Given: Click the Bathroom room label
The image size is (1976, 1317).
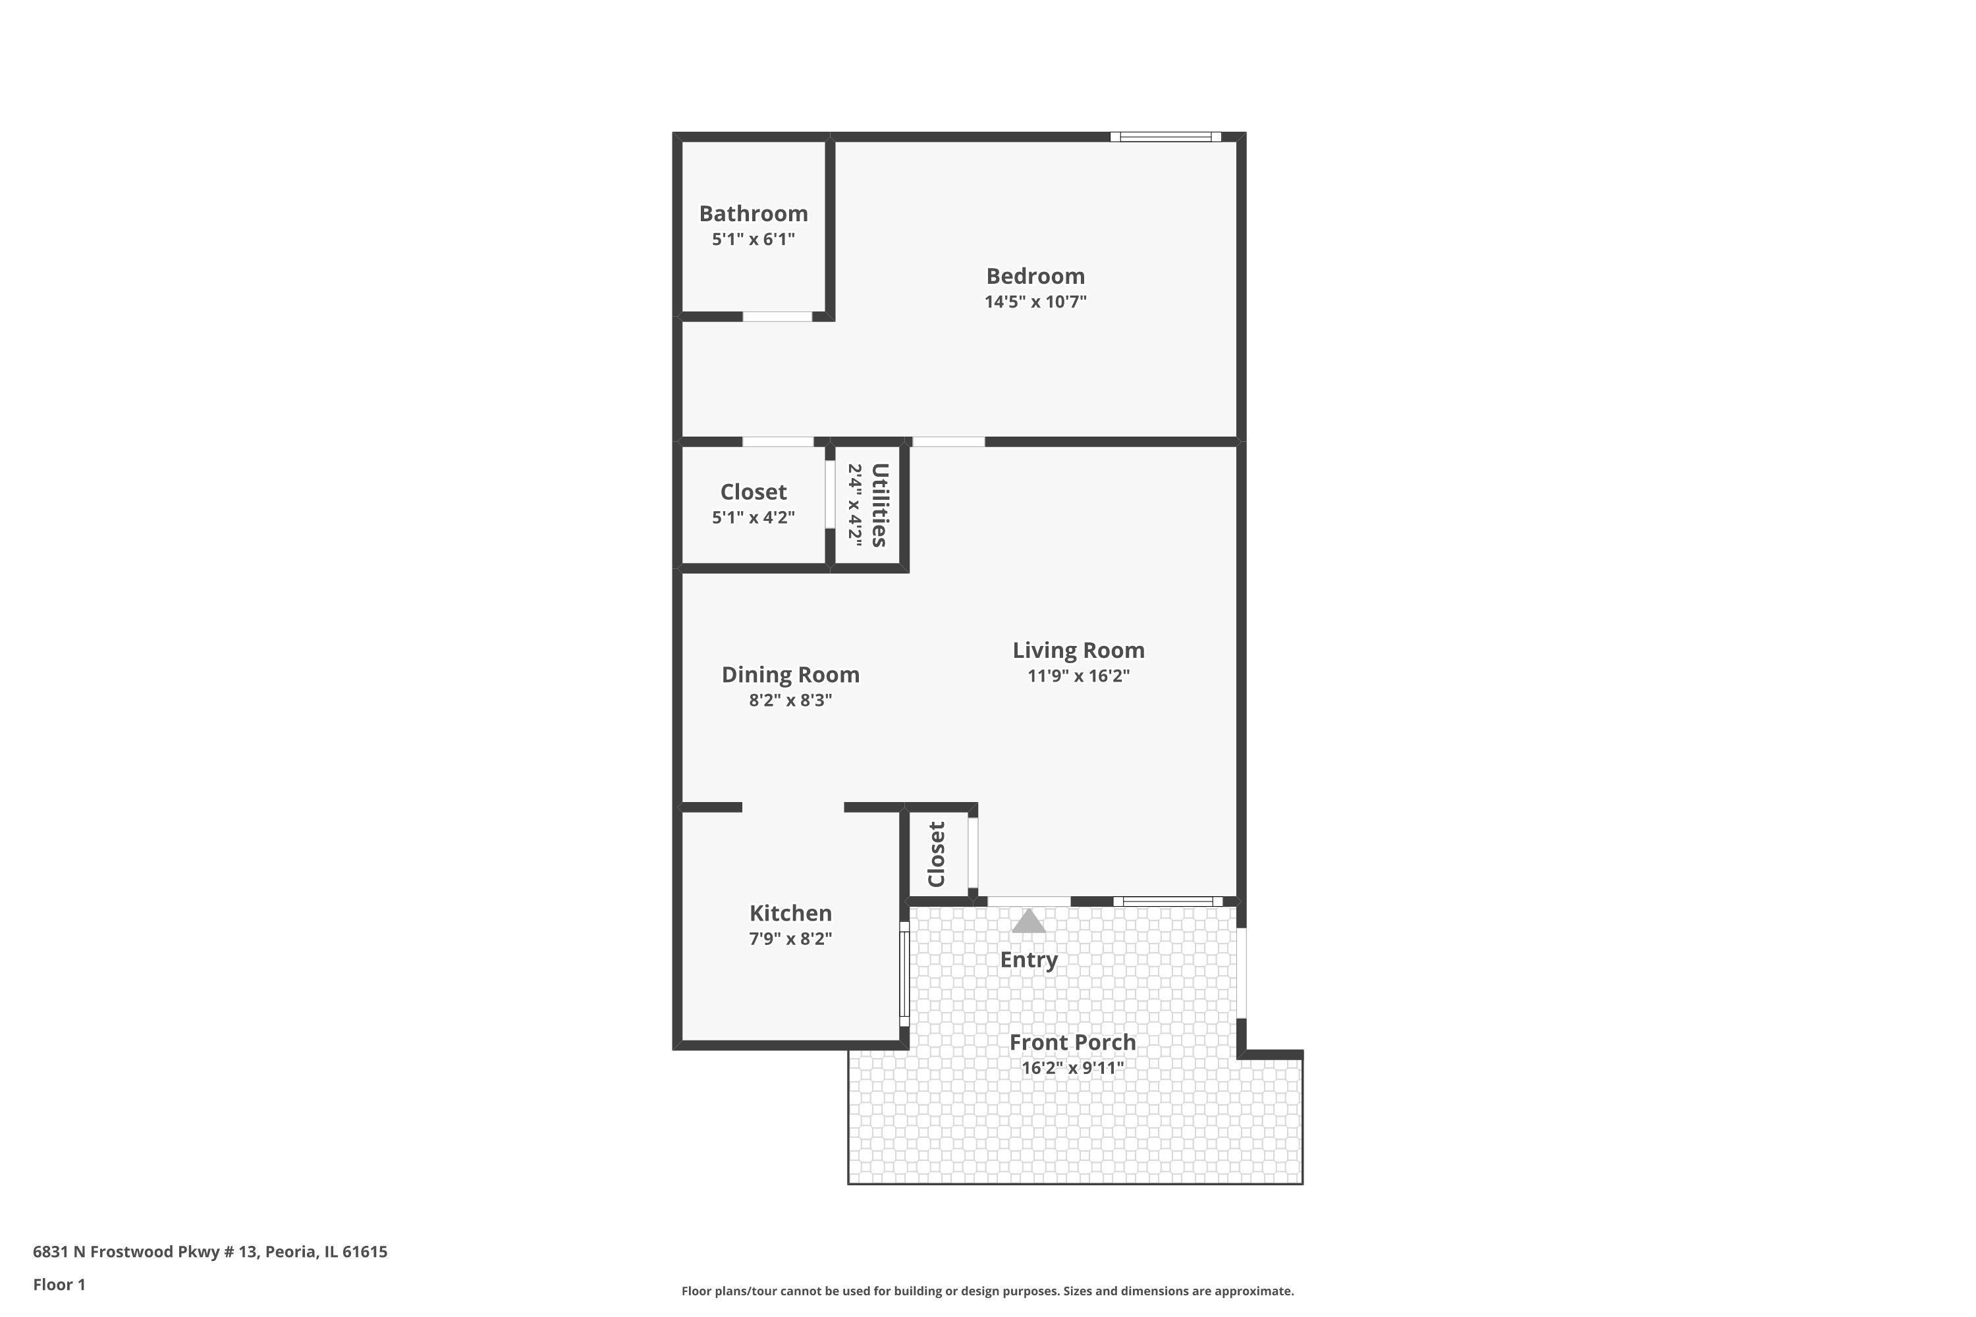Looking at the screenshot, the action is click(753, 213).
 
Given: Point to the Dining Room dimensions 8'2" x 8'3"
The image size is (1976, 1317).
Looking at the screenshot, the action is click(790, 699).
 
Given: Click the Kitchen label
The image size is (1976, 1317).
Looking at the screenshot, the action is click(790, 913).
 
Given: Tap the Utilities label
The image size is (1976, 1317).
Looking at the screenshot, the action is click(879, 505).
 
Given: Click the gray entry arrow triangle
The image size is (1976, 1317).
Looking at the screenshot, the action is click(1028, 921).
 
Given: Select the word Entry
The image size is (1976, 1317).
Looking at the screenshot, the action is click(1028, 960).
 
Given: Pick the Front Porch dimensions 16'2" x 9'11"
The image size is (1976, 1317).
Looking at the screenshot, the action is click(1072, 1067).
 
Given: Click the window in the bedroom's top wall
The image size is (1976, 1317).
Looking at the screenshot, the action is click(1165, 137).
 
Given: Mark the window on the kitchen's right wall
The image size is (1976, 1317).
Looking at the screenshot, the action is click(905, 975).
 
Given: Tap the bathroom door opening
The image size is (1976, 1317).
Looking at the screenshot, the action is click(777, 317).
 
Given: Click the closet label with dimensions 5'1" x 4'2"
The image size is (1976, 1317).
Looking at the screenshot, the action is click(753, 492).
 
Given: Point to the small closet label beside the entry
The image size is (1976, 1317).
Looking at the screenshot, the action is click(937, 854).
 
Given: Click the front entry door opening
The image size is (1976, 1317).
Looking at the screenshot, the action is click(1028, 901).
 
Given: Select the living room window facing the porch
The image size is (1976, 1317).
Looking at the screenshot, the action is click(1168, 901).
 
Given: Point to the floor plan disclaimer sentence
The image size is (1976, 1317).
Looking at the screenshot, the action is click(987, 1291).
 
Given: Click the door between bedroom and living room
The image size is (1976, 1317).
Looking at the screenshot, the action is click(948, 441).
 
